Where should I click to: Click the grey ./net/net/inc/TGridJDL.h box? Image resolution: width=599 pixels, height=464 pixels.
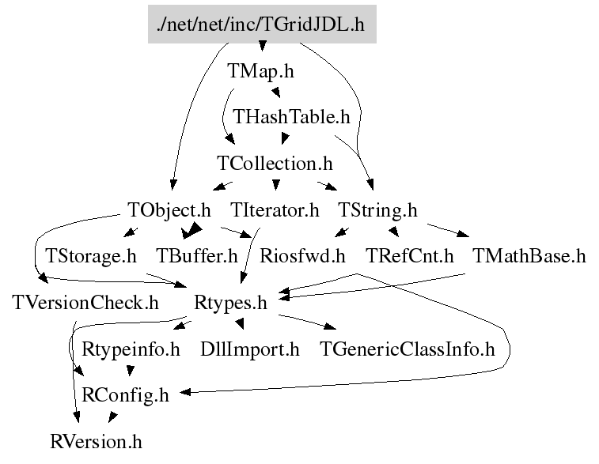click(262, 25)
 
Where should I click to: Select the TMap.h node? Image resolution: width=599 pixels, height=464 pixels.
click(260, 70)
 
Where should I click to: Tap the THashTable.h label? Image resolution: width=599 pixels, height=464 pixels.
click(291, 117)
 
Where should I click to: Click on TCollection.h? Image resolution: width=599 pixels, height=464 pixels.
click(274, 164)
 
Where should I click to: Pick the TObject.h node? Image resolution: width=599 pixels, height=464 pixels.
click(169, 210)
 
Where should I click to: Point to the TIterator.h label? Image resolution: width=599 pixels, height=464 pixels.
click(275, 210)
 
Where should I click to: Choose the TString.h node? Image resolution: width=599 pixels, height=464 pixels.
click(377, 210)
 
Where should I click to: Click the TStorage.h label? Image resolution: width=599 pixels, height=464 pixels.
click(91, 256)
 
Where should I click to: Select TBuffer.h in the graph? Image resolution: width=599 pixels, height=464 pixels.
click(197, 256)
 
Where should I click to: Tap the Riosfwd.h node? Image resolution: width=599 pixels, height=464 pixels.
click(303, 256)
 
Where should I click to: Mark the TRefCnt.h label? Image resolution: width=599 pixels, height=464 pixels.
click(410, 256)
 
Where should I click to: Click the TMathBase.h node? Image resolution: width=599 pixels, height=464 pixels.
click(529, 256)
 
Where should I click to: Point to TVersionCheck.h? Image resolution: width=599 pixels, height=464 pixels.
click(85, 303)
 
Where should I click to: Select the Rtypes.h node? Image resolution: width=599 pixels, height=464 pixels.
click(230, 303)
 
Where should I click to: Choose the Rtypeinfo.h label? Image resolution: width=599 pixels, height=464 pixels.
click(131, 349)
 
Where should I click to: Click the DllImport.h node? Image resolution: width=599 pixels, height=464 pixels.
click(249, 349)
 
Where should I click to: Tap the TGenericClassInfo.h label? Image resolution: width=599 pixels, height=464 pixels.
click(407, 349)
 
